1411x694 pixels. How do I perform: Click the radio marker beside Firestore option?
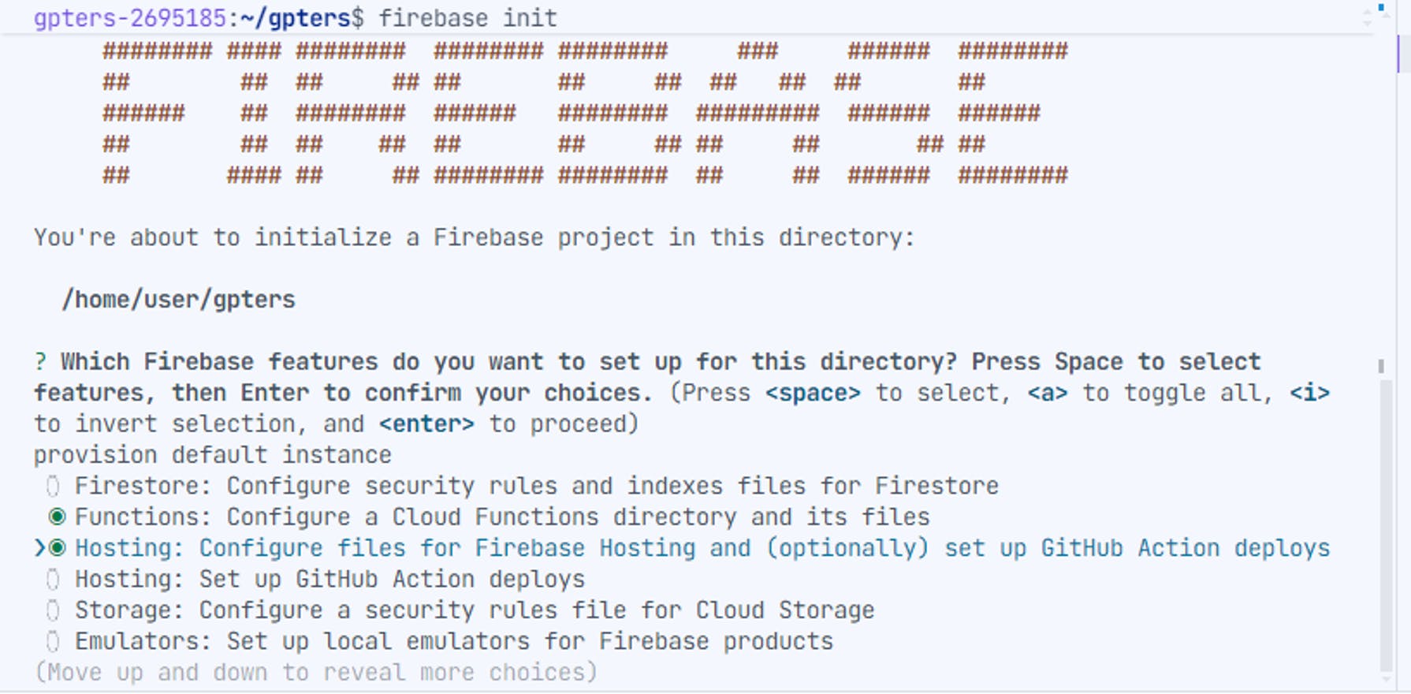(53, 487)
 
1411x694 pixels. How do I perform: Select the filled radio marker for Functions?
(57, 517)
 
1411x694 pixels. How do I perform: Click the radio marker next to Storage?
(53, 610)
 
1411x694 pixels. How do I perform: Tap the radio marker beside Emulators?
(53, 642)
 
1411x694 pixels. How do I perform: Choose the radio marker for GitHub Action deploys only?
(53, 580)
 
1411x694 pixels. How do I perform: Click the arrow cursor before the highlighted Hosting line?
(39, 548)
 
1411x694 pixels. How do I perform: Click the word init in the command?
(530, 18)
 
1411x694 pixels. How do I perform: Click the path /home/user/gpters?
(179, 300)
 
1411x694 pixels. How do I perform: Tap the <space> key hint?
(813, 393)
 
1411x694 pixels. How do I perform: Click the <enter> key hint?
(426, 424)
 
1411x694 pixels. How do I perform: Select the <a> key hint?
(1047, 393)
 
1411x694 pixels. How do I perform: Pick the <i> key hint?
(1309, 393)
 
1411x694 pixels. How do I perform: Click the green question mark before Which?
(40, 362)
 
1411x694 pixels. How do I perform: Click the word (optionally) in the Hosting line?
(847, 548)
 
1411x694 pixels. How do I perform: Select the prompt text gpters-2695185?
(130, 18)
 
